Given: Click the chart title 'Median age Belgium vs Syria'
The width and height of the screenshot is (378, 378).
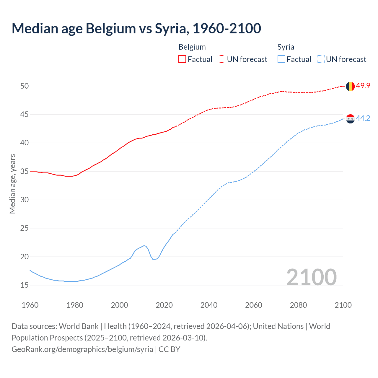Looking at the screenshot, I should [136, 28].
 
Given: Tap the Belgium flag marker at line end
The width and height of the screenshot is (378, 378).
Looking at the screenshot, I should [350, 86].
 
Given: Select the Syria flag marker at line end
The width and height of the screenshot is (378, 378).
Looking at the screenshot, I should [350, 119].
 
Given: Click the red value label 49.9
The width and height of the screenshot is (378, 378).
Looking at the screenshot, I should [363, 86].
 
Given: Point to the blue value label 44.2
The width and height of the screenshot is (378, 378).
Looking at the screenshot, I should [363, 118].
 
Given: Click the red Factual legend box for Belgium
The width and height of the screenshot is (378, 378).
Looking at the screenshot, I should [182, 59].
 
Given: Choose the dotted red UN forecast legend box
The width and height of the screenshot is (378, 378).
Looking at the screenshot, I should [221, 59].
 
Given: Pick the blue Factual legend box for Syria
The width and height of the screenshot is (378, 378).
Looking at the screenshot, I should [281, 59].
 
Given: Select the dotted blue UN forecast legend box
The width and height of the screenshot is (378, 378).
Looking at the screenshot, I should [321, 59].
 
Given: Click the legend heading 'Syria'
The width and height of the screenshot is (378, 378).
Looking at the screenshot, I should [286, 47].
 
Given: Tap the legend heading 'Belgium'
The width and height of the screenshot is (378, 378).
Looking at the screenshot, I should [192, 47].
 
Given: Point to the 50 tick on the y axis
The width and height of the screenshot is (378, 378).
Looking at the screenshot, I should [24, 86].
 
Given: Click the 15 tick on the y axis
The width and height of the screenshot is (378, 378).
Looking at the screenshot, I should [24, 285].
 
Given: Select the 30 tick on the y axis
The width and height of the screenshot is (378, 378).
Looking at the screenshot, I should [24, 200].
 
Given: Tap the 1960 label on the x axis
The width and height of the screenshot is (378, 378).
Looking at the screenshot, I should [30, 305].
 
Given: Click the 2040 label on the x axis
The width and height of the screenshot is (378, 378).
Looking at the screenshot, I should [209, 305].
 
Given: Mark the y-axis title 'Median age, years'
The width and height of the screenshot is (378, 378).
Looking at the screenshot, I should [12, 184].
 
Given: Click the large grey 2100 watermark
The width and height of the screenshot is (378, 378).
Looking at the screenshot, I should [311, 277].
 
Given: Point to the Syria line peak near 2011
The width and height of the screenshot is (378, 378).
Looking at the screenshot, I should [144, 246].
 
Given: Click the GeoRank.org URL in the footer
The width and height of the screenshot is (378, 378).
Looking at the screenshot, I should [82, 349].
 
